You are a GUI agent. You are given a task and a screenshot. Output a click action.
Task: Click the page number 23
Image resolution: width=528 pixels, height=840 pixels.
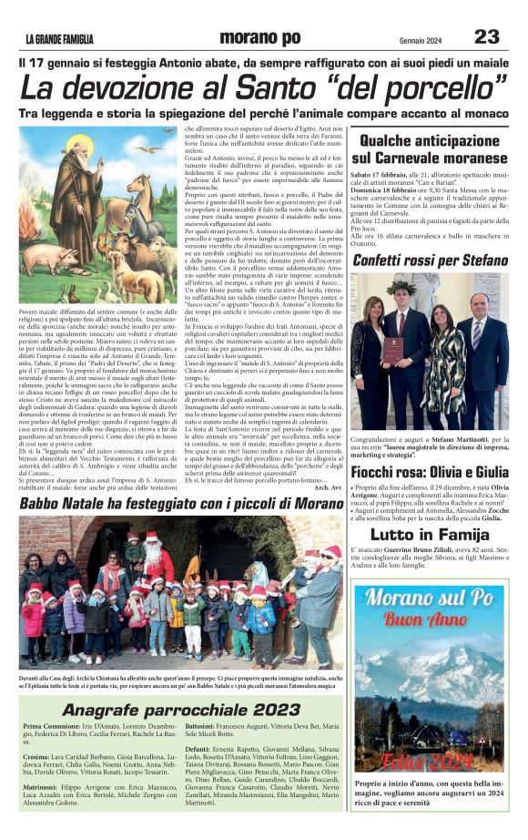[x=486, y=36]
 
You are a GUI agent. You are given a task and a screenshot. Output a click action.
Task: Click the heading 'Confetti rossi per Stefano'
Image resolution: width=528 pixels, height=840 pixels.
[x=430, y=260]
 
